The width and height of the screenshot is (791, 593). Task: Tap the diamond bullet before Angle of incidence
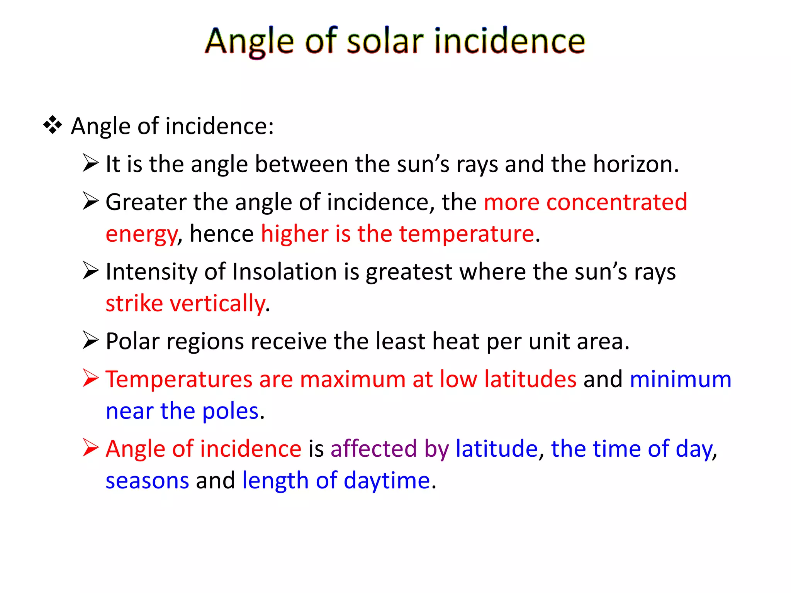[x=53, y=125]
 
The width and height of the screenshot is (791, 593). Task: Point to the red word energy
[x=141, y=234]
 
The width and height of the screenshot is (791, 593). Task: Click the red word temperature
[x=467, y=234]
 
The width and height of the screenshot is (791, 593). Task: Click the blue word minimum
[x=681, y=379]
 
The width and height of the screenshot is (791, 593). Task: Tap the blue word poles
[x=230, y=411]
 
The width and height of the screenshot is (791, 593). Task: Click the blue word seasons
[x=147, y=481]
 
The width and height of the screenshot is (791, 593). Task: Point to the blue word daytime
[x=387, y=481]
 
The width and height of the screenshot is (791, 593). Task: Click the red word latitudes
[x=530, y=379]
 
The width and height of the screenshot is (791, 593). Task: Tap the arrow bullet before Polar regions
[x=90, y=341]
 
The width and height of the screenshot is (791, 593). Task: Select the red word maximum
[x=352, y=379]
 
